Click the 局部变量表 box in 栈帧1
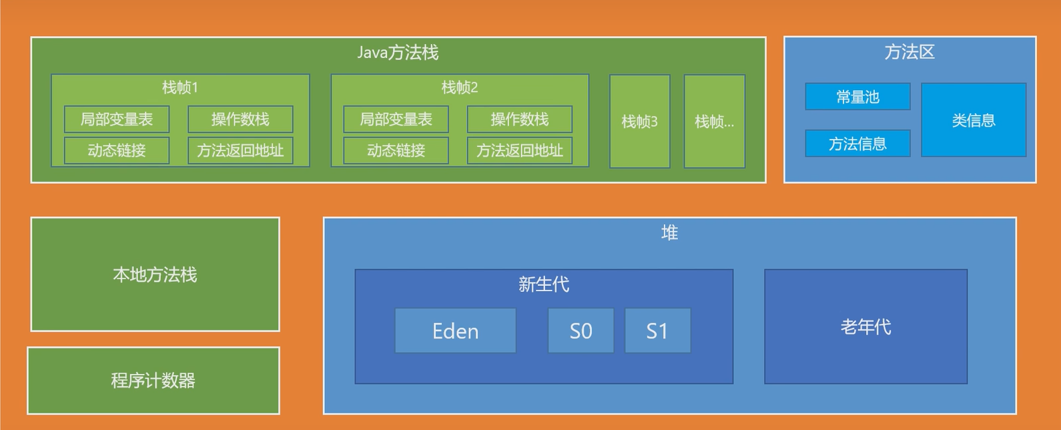[x=117, y=120]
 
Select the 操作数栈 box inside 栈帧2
[x=519, y=120]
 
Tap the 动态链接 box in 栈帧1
[x=117, y=150]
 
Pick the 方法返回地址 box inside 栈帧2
[x=519, y=150]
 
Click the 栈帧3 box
[x=639, y=122]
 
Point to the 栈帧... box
[x=714, y=122]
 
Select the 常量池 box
[x=857, y=97]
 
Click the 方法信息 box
[x=857, y=144]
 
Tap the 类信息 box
[x=974, y=120]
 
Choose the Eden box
[x=455, y=331]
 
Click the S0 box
[x=581, y=331]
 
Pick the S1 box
[x=657, y=331]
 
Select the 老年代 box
[x=865, y=327]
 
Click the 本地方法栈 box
[x=155, y=274]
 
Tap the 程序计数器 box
[x=153, y=381]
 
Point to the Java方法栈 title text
[x=398, y=53]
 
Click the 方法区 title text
[x=910, y=52]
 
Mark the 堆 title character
[x=669, y=232]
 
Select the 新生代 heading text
[x=543, y=284]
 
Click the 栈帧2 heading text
[x=460, y=87]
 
